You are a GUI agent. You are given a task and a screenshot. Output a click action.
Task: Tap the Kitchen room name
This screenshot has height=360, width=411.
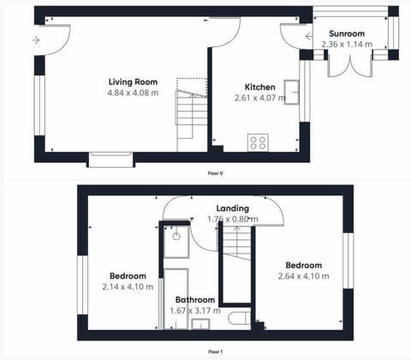[x=259, y=87]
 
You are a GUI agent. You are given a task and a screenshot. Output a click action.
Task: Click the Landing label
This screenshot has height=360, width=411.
[x=232, y=208]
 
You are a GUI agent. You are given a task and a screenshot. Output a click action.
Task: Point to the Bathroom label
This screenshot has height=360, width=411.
[x=194, y=300]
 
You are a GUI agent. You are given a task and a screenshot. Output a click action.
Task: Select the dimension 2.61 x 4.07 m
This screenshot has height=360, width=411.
[x=259, y=99]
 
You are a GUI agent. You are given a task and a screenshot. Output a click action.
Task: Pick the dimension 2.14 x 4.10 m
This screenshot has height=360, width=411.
[x=127, y=286]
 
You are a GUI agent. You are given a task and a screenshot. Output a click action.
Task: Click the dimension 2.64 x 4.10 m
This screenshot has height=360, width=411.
[x=304, y=276]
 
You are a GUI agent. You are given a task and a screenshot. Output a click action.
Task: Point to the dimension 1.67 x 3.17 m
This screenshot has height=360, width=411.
[x=194, y=310]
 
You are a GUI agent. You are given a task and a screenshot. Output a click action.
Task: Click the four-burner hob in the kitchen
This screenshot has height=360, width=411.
[x=258, y=142]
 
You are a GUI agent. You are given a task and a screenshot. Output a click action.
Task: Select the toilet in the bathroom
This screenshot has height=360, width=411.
[x=240, y=320]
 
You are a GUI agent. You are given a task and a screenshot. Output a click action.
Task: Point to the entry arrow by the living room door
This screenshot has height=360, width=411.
[x=35, y=40]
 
